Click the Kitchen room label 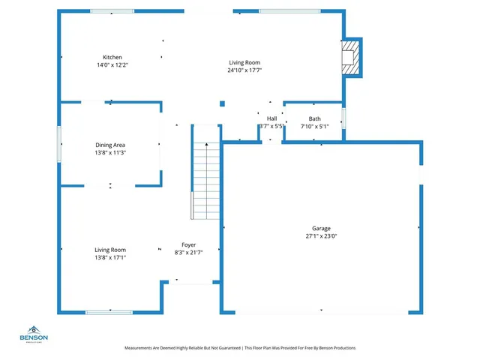pos(112,57)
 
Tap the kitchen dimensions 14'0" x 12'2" pos(112,65)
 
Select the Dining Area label pos(110,145)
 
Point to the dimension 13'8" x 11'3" pos(110,153)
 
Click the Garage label pos(321,229)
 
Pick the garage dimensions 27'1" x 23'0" pos(321,237)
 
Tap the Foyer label pos(188,244)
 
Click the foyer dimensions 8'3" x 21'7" pos(188,253)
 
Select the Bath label pos(314,118)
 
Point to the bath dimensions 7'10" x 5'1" pos(314,127)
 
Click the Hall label pos(271,118)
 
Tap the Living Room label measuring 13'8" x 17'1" pos(110,250)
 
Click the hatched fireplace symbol pos(350,57)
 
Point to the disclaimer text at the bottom pos(239,348)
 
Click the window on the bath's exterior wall pos(344,119)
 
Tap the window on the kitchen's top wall pos(112,11)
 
